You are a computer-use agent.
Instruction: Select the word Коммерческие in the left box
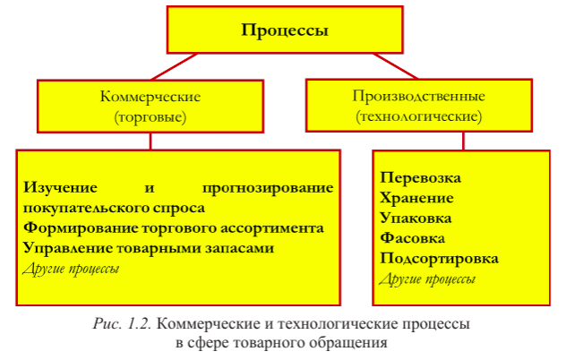pos(150,96)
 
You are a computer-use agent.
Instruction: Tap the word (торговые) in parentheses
pos(150,116)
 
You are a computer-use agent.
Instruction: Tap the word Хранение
pos(416,198)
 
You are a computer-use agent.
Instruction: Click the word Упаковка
pos(416,218)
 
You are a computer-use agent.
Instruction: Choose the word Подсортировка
pos(439,258)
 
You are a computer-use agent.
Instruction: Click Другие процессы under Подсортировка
pos(427,279)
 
